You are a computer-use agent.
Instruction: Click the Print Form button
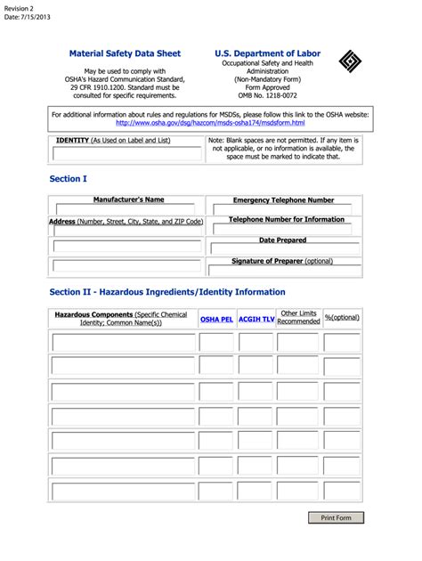click(x=336, y=517)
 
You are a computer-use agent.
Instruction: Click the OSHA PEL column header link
click(x=216, y=318)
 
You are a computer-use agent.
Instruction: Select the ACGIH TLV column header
click(x=256, y=318)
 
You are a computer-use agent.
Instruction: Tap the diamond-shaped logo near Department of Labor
click(x=350, y=61)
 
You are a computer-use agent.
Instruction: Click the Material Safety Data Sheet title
click(x=125, y=53)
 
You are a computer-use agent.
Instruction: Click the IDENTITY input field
click(x=127, y=154)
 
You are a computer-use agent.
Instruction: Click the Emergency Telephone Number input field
click(x=283, y=210)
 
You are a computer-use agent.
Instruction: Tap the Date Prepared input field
click(x=283, y=248)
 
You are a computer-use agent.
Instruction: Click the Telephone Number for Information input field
click(x=283, y=229)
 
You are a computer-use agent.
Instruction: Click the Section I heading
click(x=68, y=179)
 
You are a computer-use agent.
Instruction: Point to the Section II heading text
click(x=167, y=292)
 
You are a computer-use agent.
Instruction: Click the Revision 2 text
click(x=19, y=7)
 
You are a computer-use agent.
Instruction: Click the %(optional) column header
click(x=342, y=318)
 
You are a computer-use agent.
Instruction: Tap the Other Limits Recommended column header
click(x=298, y=318)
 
